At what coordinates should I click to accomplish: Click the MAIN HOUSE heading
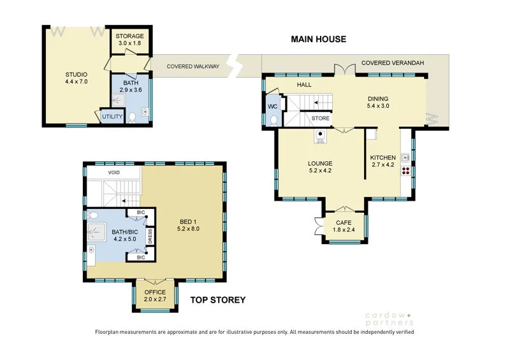pos(318,39)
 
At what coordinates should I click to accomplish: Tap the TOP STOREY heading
pos(217,299)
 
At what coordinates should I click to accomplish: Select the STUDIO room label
pos(76,78)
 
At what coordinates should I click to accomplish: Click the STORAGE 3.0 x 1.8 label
pos(129,40)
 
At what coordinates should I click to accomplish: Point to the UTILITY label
pos(112,117)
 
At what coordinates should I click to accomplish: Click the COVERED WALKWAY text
pos(193,66)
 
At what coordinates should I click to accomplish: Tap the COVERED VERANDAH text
pos(392,63)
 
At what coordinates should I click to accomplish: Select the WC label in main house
pos(273,106)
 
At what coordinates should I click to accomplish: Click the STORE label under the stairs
pos(321,118)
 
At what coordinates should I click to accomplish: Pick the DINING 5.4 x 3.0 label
pos(378,103)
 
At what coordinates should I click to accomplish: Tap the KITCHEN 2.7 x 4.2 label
pos(383,161)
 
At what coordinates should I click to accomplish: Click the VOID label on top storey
pos(114,173)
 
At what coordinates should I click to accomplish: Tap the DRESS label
pos(150,236)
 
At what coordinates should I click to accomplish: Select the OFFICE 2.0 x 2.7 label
pos(154,296)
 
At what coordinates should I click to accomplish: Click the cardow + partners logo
pos(389,318)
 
